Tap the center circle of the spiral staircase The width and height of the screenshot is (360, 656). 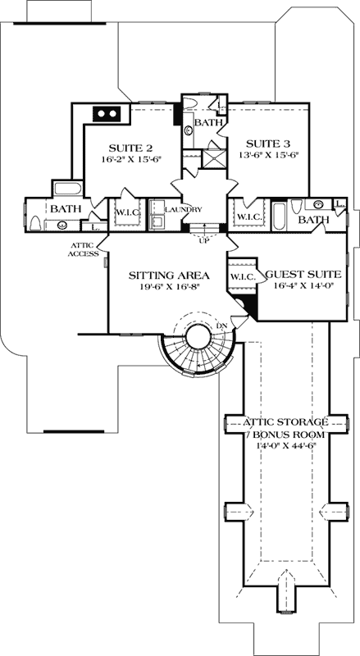coord(198,336)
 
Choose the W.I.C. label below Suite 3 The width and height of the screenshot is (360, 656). coord(248,216)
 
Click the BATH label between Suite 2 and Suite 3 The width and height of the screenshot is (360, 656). coord(207,122)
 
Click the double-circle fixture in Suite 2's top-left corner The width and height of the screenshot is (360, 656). coord(108,114)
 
